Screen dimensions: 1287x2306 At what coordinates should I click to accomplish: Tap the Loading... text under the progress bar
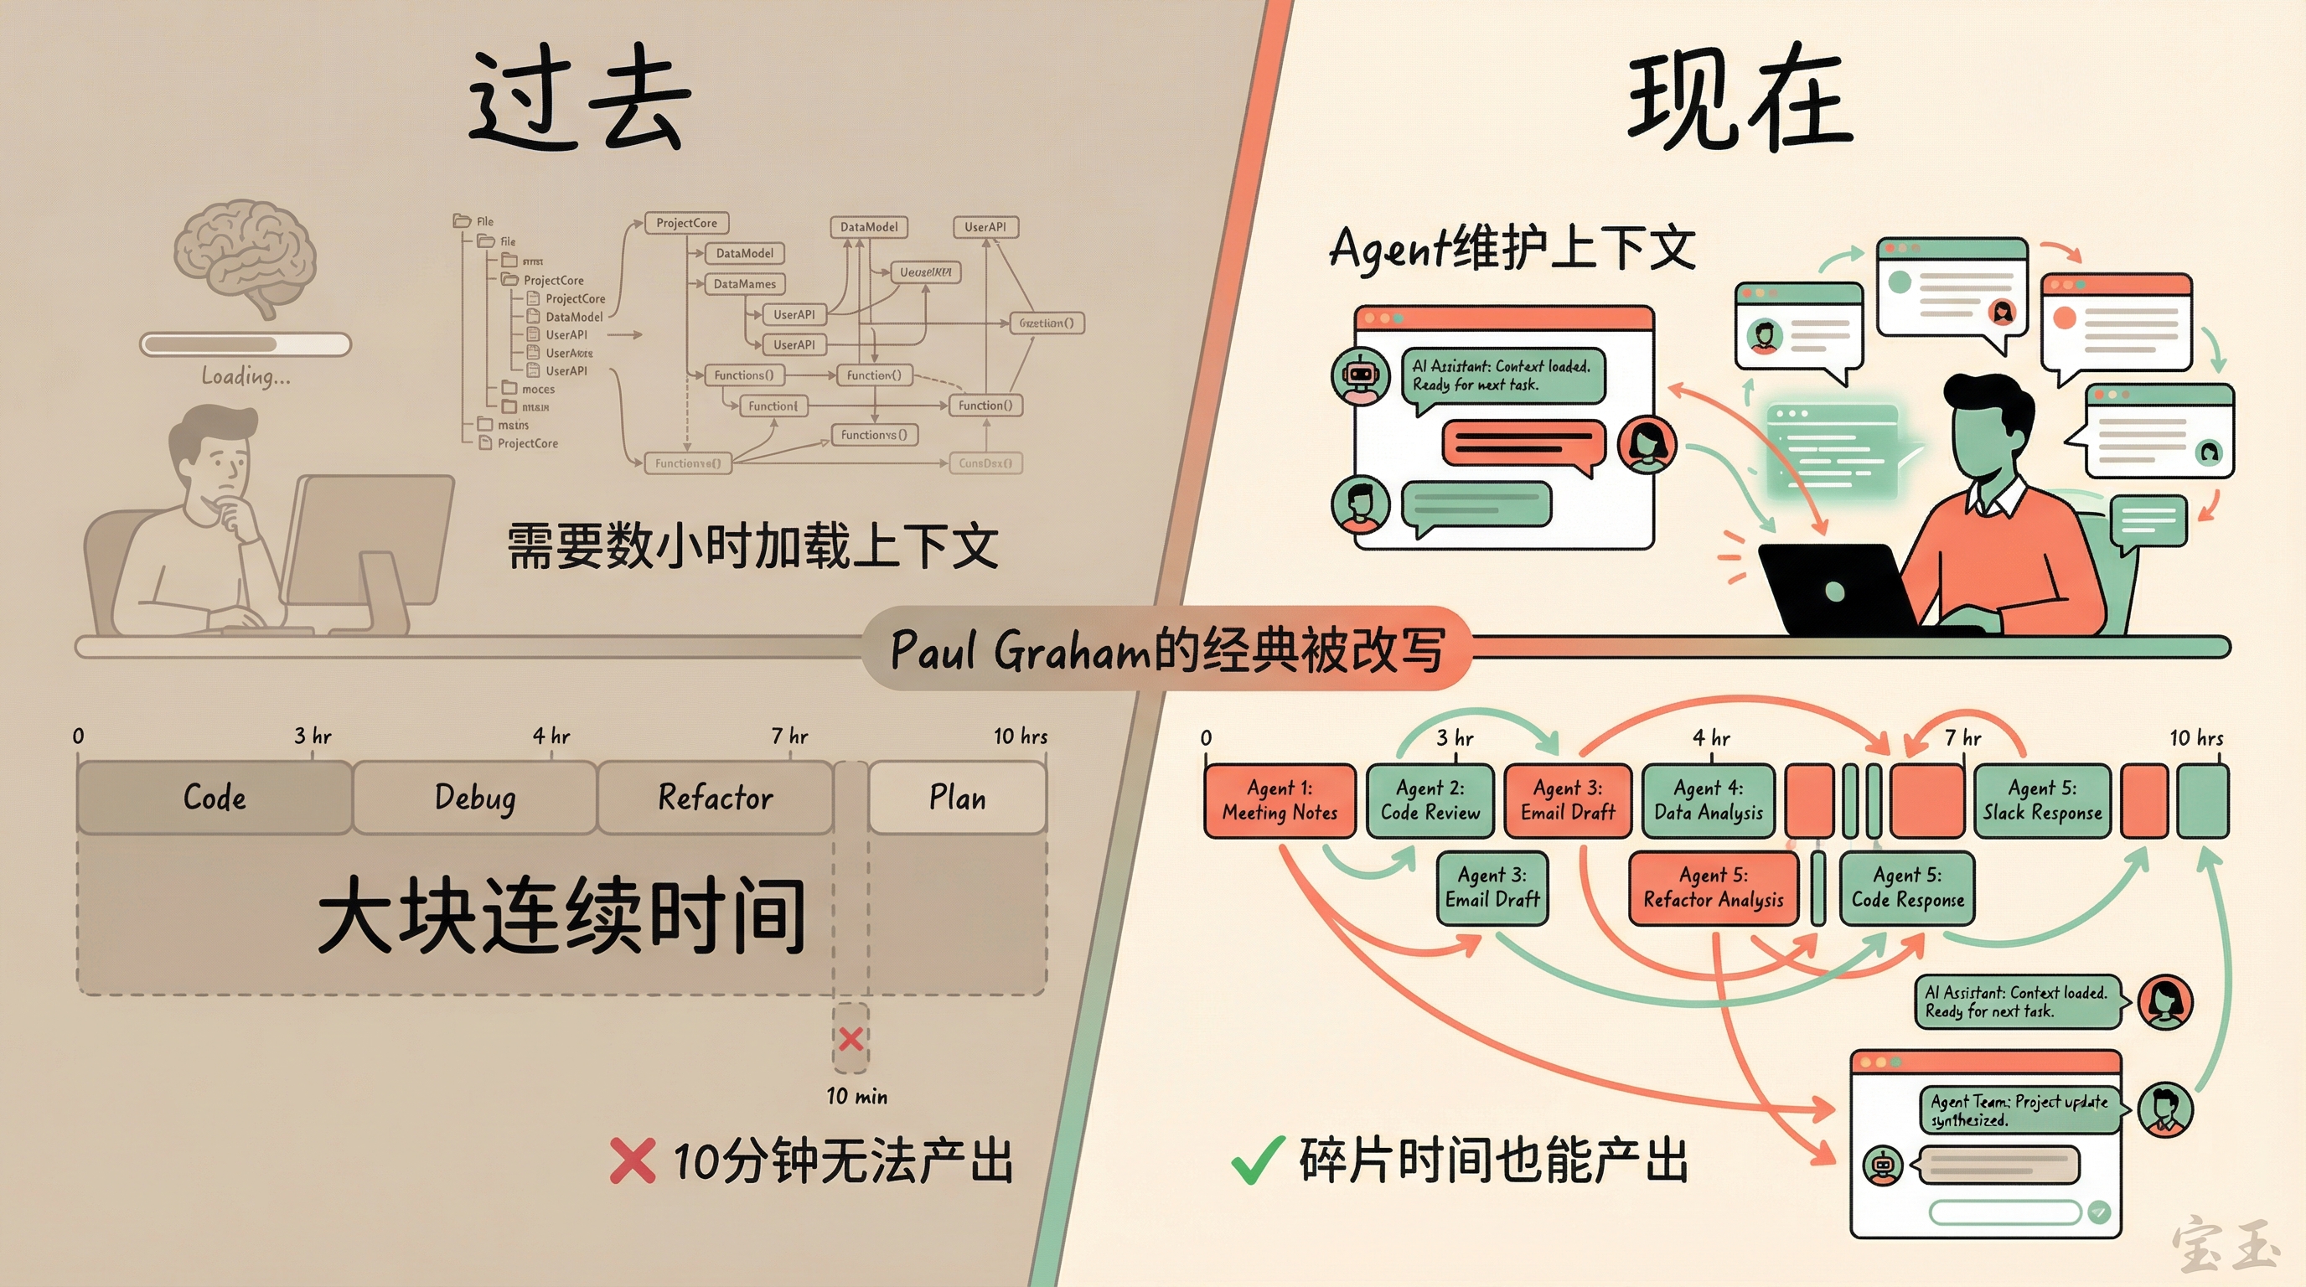pyautogui.click(x=246, y=376)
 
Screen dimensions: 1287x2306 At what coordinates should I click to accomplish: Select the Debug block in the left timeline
pyautogui.click(x=474, y=798)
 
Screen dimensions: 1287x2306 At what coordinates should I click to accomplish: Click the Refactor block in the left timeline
pyautogui.click(x=715, y=798)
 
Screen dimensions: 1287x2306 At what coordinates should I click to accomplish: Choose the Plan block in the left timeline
pyautogui.click(x=957, y=798)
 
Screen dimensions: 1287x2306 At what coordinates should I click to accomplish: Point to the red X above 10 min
pyautogui.click(x=851, y=1039)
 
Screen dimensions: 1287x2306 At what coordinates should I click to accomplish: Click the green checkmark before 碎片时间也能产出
pyautogui.click(x=1257, y=1160)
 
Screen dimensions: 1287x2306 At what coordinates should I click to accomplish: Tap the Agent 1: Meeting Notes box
pyautogui.click(x=1280, y=800)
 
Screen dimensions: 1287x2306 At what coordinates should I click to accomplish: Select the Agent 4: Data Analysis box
pyautogui.click(x=1708, y=800)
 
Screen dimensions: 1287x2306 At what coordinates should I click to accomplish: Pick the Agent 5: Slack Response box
pyautogui.click(x=2041, y=800)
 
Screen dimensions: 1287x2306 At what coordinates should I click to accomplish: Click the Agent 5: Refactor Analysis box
pyautogui.click(x=1714, y=888)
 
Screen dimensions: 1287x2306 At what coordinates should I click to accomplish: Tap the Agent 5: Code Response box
pyautogui.click(x=1907, y=888)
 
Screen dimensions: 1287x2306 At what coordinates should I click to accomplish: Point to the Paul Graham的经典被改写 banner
pyautogui.click(x=1166, y=649)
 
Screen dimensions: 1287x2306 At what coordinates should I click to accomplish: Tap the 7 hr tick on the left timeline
pyautogui.click(x=789, y=737)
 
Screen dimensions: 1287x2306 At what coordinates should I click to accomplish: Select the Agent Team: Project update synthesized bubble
pyautogui.click(x=2019, y=1111)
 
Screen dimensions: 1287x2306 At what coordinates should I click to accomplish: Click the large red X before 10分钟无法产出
pyautogui.click(x=632, y=1160)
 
